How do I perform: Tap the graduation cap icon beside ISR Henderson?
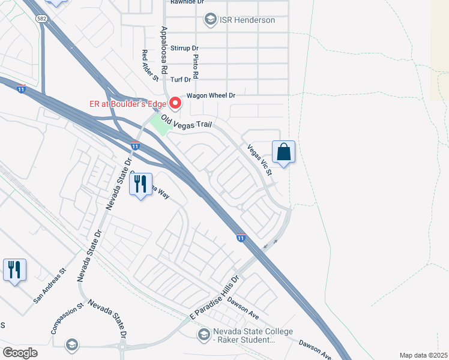coord(210,20)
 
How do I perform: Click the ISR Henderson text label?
coord(247,20)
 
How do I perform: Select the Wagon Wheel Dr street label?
coord(210,95)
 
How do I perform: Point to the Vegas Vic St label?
coord(260,160)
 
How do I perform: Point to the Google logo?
coord(20,352)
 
